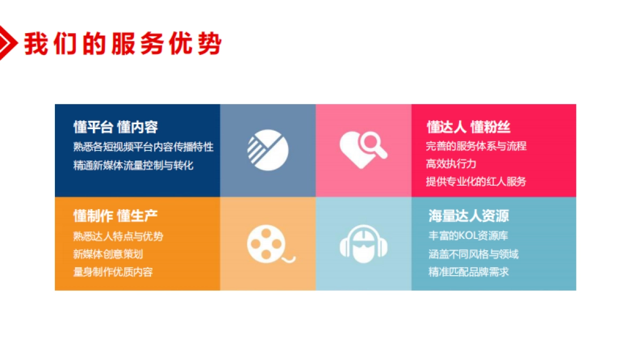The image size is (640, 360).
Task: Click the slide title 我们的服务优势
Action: tap(122, 43)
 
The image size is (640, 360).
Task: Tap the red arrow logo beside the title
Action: tap(7, 42)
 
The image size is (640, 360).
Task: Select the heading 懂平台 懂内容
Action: tap(116, 127)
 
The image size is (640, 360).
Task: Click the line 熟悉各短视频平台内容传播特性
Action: tap(143, 147)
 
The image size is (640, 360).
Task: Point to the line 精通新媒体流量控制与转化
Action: tap(133, 165)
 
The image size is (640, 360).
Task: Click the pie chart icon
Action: tap(268, 150)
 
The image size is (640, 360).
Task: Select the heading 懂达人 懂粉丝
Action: tap(469, 127)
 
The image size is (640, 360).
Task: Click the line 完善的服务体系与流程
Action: tap(476, 146)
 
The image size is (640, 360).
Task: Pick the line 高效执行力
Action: tap(451, 164)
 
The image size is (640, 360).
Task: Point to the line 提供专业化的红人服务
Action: tap(476, 181)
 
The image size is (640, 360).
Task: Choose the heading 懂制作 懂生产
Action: tap(116, 215)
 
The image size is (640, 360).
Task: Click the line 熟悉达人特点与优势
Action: tap(118, 236)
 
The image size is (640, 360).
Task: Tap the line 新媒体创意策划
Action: tap(108, 254)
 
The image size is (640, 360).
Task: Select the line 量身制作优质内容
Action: tap(113, 272)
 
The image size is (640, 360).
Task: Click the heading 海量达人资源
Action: tap(469, 215)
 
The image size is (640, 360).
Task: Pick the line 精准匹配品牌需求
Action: tap(469, 272)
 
